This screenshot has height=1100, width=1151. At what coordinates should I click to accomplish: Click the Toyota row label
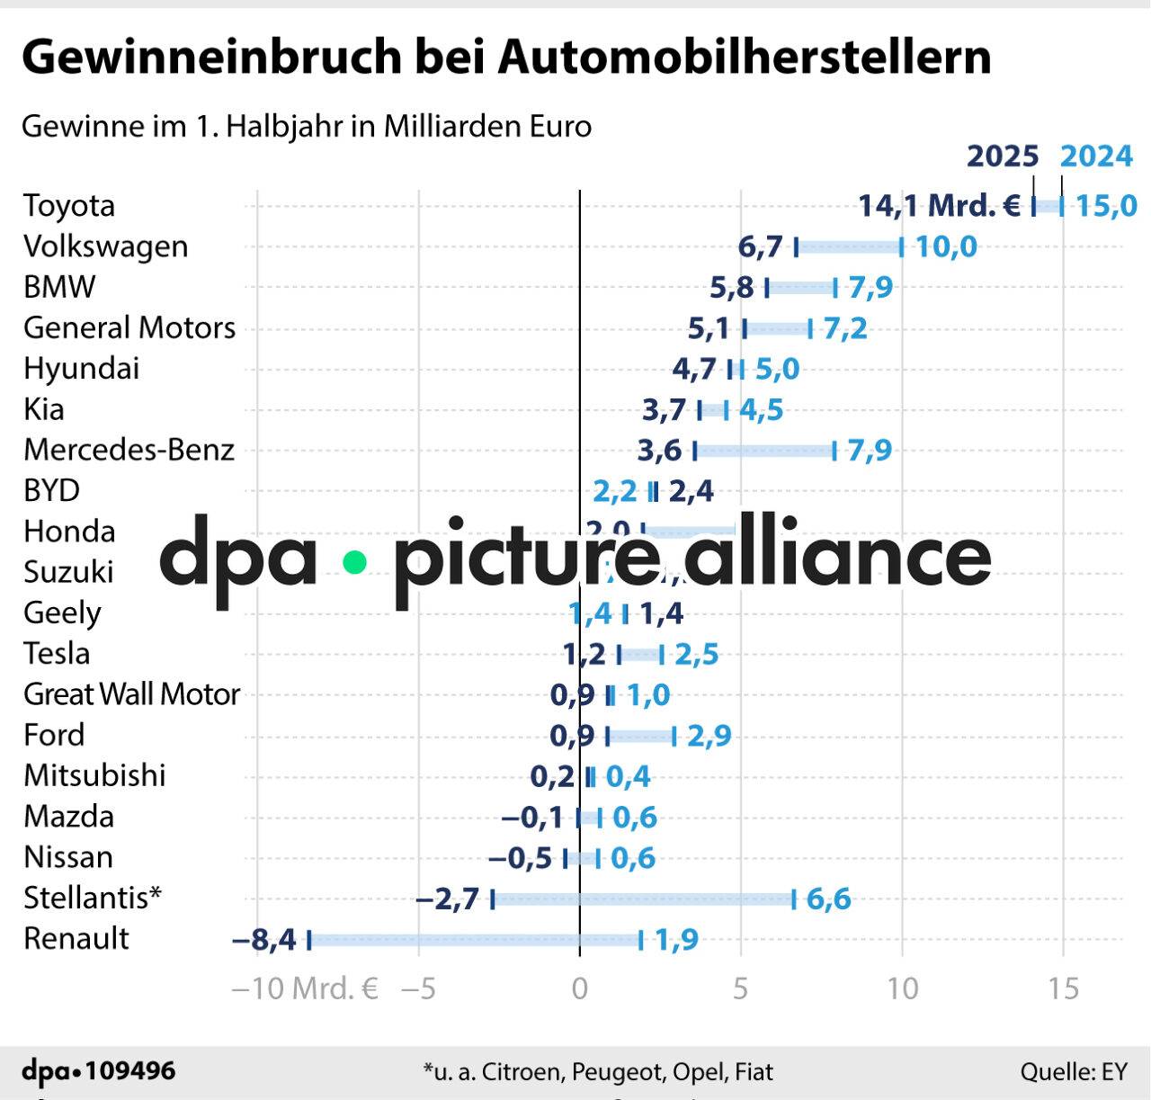(69, 206)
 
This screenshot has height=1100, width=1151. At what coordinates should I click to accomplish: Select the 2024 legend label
(1095, 157)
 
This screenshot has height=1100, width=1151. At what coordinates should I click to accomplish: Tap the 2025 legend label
(1002, 157)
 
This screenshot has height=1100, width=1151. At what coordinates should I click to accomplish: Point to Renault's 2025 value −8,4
(263, 940)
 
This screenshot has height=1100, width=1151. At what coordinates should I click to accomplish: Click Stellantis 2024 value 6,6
(827, 899)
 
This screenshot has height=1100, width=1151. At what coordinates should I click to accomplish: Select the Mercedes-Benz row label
(129, 450)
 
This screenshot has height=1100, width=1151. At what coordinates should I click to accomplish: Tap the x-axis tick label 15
(1062, 989)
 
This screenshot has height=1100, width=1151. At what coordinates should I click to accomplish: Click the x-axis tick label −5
(418, 989)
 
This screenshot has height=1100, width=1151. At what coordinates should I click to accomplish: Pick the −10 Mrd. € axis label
(305, 989)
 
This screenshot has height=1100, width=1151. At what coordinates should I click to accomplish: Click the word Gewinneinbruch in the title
(211, 58)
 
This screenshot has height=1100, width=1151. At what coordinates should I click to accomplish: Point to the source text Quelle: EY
(1073, 1072)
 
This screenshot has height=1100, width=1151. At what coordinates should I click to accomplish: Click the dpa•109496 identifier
(99, 1071)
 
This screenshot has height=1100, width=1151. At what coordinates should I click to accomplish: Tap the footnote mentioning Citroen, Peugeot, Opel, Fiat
(598, 1072)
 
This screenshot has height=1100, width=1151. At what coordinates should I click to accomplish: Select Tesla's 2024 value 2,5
(696, 654)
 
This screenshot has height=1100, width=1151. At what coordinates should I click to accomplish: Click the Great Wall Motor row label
(131, 694)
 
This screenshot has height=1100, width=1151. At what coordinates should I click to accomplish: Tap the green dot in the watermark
(355, 563)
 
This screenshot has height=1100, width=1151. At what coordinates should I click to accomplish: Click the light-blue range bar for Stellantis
(643, 899)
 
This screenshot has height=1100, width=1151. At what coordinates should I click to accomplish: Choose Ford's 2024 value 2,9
(709, 736)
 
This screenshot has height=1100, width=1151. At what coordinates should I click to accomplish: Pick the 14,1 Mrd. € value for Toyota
(939, 206)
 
